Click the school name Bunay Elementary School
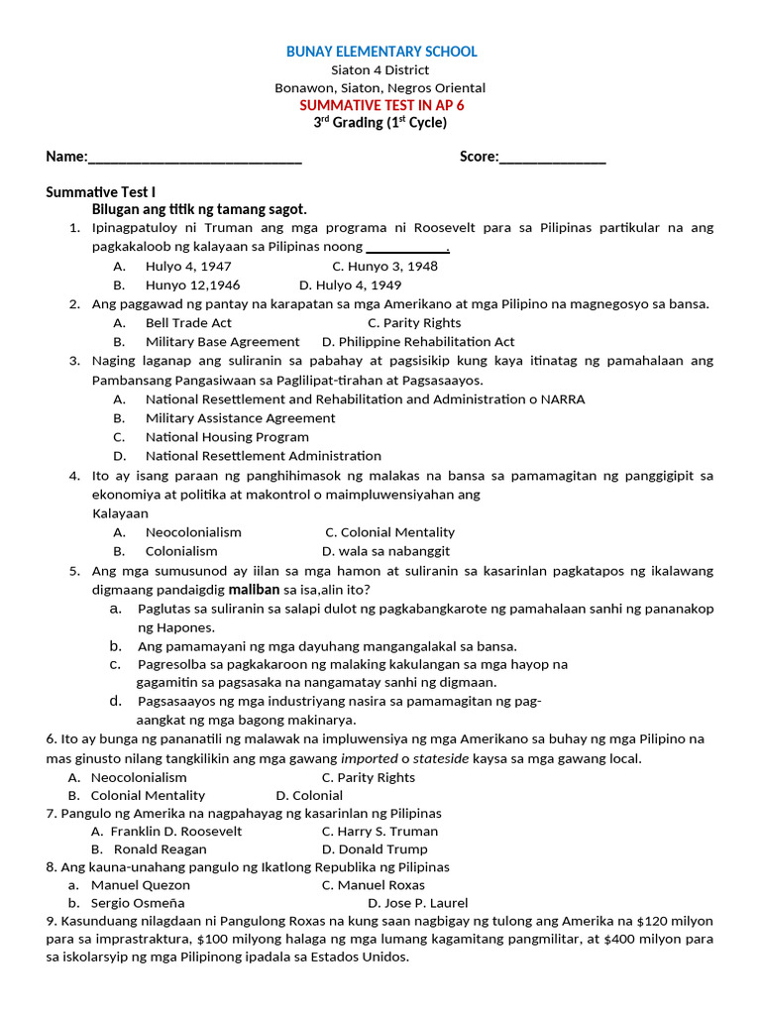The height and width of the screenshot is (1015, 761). [x=381, y=52]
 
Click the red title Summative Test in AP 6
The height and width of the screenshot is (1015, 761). [x=380, y=105]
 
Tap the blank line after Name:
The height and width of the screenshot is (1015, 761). [x=195, y=158]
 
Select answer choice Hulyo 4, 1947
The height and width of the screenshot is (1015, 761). [x=188, y=266]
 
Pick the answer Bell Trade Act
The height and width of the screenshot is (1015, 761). [x=188, y=322]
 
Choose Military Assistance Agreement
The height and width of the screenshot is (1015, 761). [x=240, y=417]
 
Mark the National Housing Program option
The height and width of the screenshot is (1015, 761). [x=227, y=436]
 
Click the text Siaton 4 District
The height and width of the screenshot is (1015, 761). [x=380, y=69]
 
